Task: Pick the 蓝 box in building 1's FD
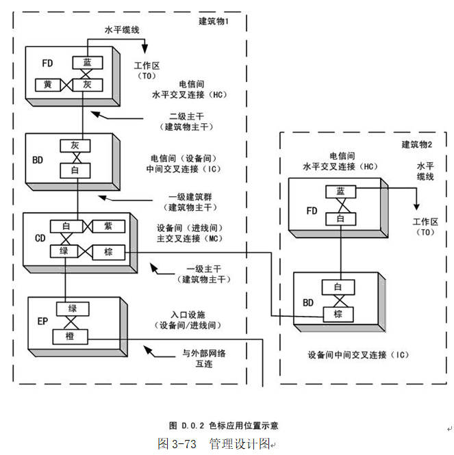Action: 87,62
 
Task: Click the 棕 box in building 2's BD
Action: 338,314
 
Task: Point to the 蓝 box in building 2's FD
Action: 340,192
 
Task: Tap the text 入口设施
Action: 188,314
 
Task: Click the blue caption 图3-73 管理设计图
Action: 214,443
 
